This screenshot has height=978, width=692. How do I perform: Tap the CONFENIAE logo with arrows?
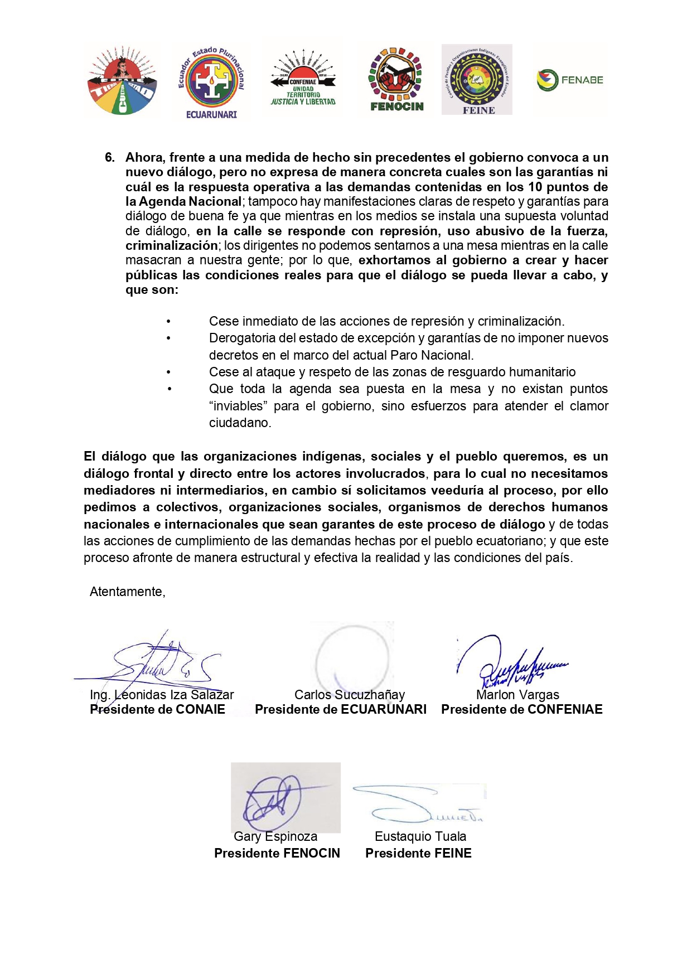(303, 79)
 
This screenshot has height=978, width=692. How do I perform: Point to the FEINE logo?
(477, 80)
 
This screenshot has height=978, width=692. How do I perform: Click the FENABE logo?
(570, 80)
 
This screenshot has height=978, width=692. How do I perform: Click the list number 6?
(109, 158)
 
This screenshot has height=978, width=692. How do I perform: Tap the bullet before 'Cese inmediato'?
(169, 322)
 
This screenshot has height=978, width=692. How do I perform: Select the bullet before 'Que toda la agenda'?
(169, 389)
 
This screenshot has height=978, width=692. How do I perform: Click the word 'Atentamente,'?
(128, 592)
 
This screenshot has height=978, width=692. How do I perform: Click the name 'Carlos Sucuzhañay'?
(350, 695)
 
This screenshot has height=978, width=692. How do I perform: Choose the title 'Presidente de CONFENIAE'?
(522, 710)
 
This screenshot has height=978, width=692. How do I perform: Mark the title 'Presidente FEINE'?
(418, 854)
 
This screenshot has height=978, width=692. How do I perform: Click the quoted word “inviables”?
(238, 406)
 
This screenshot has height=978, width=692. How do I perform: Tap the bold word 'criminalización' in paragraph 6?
(171, 246)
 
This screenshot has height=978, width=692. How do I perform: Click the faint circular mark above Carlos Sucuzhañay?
(352, 658)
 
